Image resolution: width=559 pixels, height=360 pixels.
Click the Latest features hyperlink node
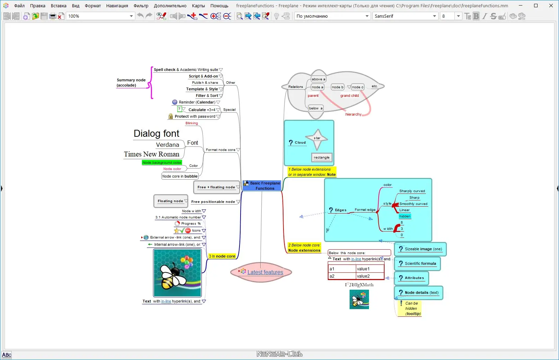(x=265, y=272)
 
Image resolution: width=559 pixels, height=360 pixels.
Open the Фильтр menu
(x=141, y=6)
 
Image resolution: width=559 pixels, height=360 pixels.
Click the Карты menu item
(x=198, y=6)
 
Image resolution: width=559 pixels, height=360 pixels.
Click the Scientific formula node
(x=420, y=264)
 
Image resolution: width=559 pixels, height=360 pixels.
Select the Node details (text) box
(x=421, y=293)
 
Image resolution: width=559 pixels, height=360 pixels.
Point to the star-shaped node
(x=317, y=138)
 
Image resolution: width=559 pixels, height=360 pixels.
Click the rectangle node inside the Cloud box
(x=322, y=157)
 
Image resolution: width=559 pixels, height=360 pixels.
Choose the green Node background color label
(x=162, y=163)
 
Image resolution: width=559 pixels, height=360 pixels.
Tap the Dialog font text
(x=156, y=134)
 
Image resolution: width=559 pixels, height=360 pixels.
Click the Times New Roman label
(x=152, y=154)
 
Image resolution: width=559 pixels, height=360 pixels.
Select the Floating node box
(x=170, y=201)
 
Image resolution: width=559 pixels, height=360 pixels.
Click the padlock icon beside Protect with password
(x=171, y=117)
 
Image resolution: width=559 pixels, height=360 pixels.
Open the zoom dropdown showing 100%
(x=131, y=16)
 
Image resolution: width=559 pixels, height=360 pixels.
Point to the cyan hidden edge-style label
(x=405, y=216)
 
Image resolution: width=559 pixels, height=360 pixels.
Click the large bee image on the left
(x=177, y=273)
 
